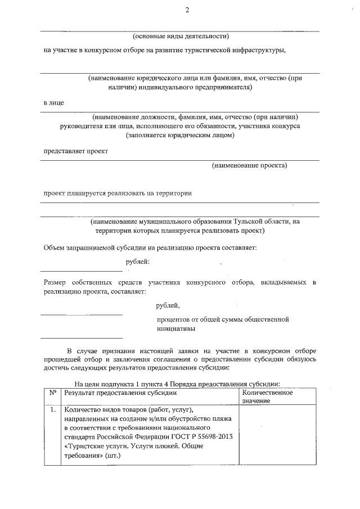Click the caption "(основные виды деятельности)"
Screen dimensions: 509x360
click(180, 36)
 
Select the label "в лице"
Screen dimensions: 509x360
click(53, 103)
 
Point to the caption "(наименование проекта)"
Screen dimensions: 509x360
click(249, 165)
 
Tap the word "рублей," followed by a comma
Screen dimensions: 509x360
click(168, 305)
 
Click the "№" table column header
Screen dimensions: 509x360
click(52, 393)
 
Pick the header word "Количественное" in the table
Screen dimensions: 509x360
click(267, 393)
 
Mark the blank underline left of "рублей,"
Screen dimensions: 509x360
click(81, 314)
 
